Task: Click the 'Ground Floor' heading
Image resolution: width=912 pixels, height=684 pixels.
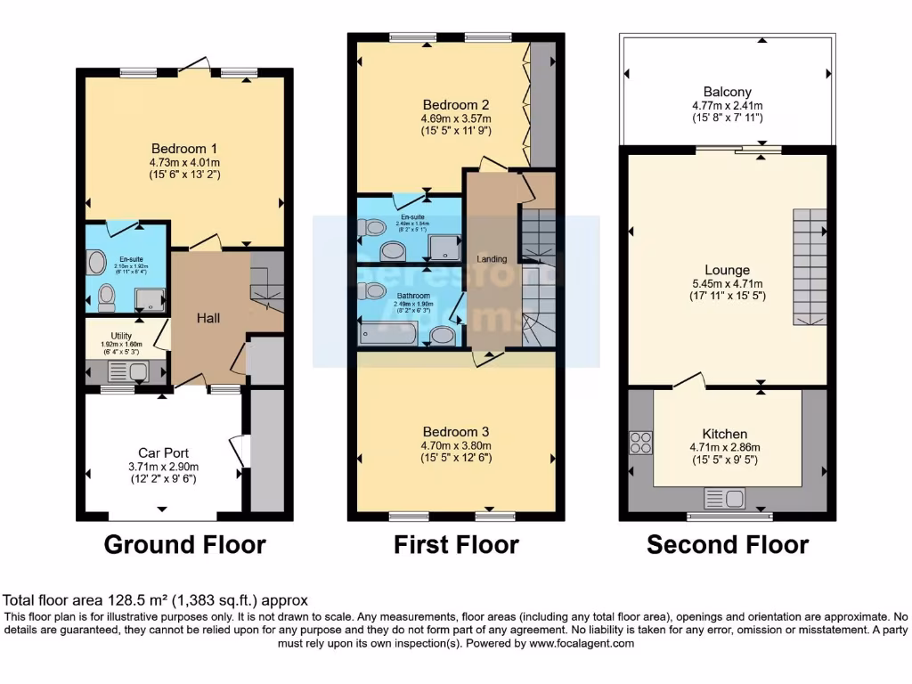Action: coord(185,544)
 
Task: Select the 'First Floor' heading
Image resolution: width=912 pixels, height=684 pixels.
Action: coord(456,544)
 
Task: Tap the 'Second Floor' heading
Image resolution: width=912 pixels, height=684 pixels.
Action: coord(728,544)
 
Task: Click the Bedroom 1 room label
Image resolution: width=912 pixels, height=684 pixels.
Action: coord(184,149)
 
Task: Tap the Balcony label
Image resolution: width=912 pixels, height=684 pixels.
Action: coord(727,92)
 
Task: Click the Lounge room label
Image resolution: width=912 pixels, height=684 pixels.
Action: coord(727,270)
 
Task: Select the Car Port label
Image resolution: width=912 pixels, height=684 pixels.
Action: coord(163,452)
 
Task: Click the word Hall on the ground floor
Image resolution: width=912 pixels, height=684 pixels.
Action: coord(208,318)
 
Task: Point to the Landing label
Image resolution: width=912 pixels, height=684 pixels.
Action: coord(492,259)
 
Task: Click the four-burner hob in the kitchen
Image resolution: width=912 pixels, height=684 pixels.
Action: coord(640,443)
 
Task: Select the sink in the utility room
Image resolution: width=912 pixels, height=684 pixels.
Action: coord(136,371)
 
